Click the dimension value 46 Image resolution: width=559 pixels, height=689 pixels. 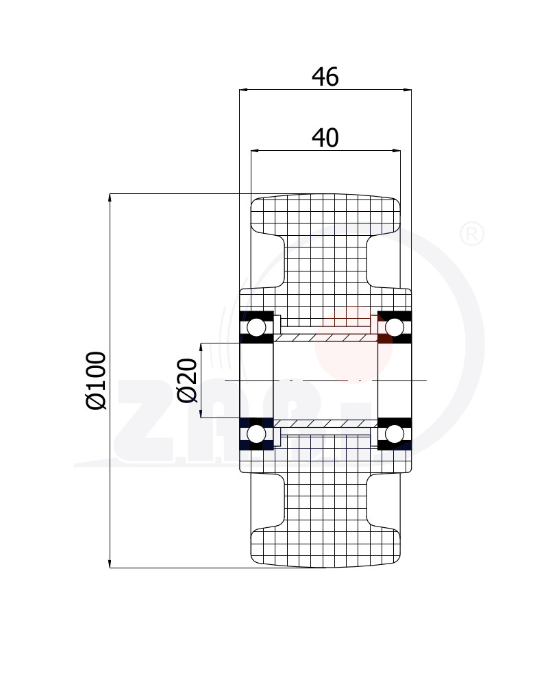pyautogui.click(x=325, y=77)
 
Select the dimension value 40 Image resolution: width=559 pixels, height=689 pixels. pyautogui.click(x=325, y=138)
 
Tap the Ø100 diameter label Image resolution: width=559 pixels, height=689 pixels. pyautogui.click(x=96, y=380)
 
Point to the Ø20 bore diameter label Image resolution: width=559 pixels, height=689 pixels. pyautogui.click(x=187, y=380)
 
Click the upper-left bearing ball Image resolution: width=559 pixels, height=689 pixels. pyautogui.click(x=256, y=328)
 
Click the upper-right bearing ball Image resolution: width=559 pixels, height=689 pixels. pyautogui.click(x=395, y=328)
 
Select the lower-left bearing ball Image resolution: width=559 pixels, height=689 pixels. pyautogui.click(x=256, y=434)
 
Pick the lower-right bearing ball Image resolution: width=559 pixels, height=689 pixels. pyautogui.click(x=395, y=434)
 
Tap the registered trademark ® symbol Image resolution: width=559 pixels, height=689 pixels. pyautogui.click(x=471, y=234)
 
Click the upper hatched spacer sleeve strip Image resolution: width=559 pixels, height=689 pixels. pyautogui.click(x=325, y=338)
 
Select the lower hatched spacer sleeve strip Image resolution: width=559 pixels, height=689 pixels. pyautogui.click(x=325, y=424)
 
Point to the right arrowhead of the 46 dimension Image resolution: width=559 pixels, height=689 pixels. pyautogui.click(x=407, y=90)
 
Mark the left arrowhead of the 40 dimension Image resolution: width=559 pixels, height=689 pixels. pyautogui.click(x=256, y=151)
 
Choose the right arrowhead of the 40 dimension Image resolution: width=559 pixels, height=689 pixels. pyautogui.click(x=396, y=151)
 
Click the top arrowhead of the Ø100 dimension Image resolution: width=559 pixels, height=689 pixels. pyautogui.click(x=110, y=198)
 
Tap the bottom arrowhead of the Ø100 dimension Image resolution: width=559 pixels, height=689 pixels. pyautogui.click(x=110, y=564)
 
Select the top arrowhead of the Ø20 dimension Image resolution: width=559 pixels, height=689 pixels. pyautogui.click(x=201, y=348)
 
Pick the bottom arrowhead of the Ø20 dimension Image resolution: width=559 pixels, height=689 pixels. pyautogui.click(x=201, y=413)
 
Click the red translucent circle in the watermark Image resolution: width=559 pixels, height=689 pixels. pyautogui.click(x=353, y=345)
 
